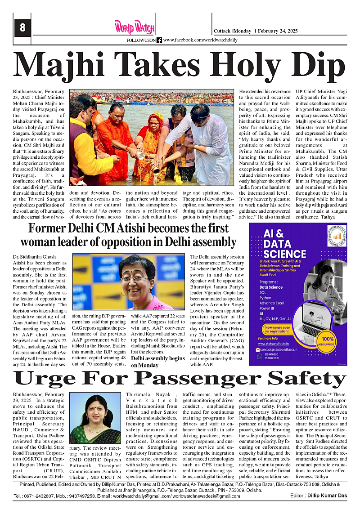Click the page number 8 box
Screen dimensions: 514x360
pos(22,28)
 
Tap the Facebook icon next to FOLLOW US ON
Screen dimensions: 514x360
pos(159,40)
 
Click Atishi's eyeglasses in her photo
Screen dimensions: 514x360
pos(134,278)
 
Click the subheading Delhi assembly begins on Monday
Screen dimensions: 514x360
pos(157,362)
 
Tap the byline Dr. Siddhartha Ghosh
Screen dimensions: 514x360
pos(34,257)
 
